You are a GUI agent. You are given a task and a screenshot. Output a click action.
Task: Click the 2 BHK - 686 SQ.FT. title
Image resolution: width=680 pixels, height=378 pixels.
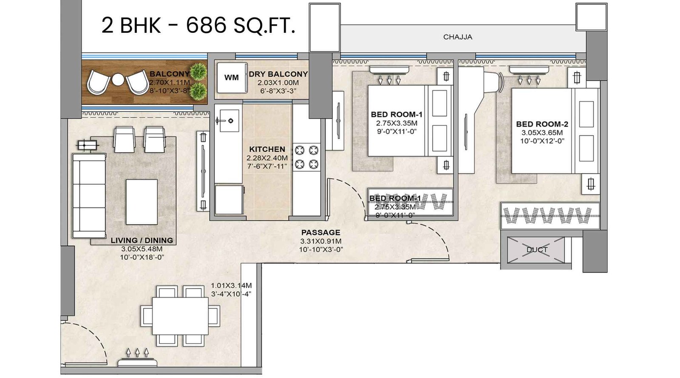click(x=198, y=26)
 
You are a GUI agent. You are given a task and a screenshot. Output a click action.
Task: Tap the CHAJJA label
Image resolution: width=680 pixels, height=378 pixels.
click(x=458, y=37)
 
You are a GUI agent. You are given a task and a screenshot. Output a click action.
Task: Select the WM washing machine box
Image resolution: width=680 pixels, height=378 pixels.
click(x=232, y=78)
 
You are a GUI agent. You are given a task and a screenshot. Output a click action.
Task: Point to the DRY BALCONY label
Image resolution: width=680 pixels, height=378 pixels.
click(x=278, y=74)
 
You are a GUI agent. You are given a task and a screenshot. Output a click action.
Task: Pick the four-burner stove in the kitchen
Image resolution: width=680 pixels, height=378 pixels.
click(x=306, y=156)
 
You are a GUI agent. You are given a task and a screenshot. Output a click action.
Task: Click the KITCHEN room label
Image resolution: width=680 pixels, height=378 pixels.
click(x=267, y=149)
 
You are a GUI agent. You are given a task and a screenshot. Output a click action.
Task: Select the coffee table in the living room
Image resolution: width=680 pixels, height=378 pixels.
click(x=142, y=202)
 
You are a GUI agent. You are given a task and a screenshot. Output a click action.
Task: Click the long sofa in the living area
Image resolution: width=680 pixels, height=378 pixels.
click(x=89, y=196)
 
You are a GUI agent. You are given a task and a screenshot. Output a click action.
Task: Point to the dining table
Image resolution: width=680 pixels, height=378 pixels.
click(x=180, y=316)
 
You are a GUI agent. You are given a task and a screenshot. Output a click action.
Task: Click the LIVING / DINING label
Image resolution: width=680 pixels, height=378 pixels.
click(x=142, y=240)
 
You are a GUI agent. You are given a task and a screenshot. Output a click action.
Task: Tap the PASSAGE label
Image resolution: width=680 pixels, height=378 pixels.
click(x=320, y=233)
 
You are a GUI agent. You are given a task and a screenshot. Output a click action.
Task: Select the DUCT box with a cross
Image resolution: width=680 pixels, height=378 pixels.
click(x=536, y=250)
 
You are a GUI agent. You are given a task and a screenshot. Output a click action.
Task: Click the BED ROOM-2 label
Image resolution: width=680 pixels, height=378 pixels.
click(x=542, y=124)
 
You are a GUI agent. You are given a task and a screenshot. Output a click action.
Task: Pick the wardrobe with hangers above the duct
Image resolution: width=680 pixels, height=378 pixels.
click(x=550, y=216)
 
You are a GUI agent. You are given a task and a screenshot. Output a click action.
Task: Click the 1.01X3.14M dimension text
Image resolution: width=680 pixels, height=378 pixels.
click(x=231, y=286)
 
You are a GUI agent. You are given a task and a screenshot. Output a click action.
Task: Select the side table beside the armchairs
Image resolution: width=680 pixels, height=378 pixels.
click(x=87, y=145)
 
